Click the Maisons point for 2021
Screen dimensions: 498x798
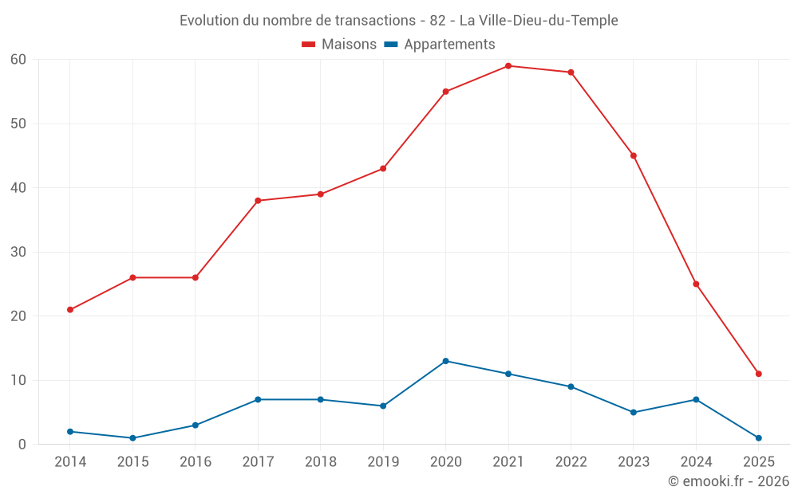pyautogui.click(x=508, y=66)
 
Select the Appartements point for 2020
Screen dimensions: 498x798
pyautogui.click(x=445, y=361)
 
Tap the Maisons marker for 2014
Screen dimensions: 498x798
pyautogui.click(x=70, y=310)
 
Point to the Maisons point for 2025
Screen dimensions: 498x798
pyautogui.click(x=758, y=374)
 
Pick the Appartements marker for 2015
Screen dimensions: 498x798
pyautogui.click(x=132, y=438)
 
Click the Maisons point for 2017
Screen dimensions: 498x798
pyautogui.click(x=258, y=201)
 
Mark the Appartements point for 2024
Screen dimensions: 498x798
pyautogui.click(x=696, y=399)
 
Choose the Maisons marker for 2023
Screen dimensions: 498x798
pyautogui.click(x=634, y=155)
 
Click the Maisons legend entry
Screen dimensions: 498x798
pyautogui.click(x=339, y=45)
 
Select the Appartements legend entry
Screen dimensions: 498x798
pyautogui.click(x=440, y=45)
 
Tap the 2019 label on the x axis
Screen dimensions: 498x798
pyautogui.click(x=383, y=462)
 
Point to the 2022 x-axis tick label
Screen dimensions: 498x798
pyautogui.click(x=571, y=462)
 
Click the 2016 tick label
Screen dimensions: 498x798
pyautogui.click(x=196, y=462)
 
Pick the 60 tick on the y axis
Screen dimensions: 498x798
pyautogui.click(x=18, y=60)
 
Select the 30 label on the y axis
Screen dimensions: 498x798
pyautogui.click(x=18, y=252)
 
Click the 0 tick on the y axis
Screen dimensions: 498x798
pyautogui.click(x=22, y=445)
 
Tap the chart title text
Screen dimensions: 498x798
pyautogui.click(x=399, y=21)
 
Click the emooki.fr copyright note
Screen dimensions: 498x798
pyautogui.click(x=728, y=481)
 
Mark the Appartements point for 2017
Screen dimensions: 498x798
pyautogui.click(x=258, y=399)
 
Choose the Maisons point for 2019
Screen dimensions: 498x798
pyautogui.click(x=383, y=168)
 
